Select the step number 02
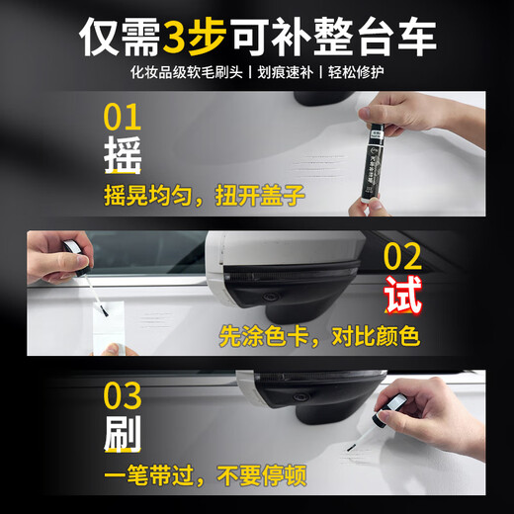pyautogui.click(x=402, y=257)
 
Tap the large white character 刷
pyautogui.click(x=121, y=435)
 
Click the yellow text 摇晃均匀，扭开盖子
pyautogui.click(x=204, y=196)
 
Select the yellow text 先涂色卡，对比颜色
pyautogui.click(x=319, y=335)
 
